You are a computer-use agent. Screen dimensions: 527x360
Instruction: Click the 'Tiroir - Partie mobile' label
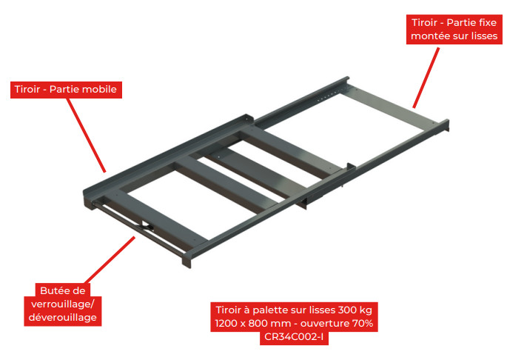(x=66, y=90)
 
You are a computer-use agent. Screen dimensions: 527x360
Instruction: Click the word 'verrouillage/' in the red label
(x=63, y=304)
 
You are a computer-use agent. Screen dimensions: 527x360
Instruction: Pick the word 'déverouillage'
(x=63, y=317)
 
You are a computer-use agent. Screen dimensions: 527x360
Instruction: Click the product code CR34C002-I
(x=294, y=337)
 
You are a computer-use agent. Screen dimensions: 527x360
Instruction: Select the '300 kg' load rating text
(x=355, y=310)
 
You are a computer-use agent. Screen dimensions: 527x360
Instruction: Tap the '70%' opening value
(x=363, y=323)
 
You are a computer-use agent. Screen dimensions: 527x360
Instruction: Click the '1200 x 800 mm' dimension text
(x=253, y=323)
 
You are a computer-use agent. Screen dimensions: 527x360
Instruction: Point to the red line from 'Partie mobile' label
(x=86, y=136)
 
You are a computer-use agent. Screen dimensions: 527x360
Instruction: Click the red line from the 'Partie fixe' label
(x=426, y=78)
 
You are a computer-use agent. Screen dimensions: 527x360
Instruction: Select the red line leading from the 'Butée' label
(x=110, y=260)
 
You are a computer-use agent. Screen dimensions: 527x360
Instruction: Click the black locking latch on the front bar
(x=147, y=226)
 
